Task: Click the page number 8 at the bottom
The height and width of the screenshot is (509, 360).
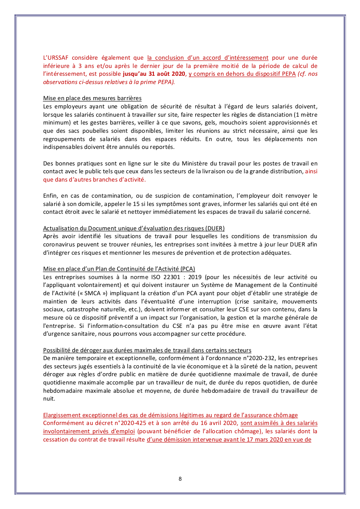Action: pyautogui.click(x=180, y=479)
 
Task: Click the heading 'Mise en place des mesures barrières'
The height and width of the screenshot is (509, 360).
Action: pyautogui.click(x=92, y=98)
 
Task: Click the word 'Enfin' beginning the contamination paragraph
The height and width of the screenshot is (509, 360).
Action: pyautogui.click(x=51, y=196)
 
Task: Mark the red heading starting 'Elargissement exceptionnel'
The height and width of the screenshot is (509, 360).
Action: pyautogui.click(x=170, y=415)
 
